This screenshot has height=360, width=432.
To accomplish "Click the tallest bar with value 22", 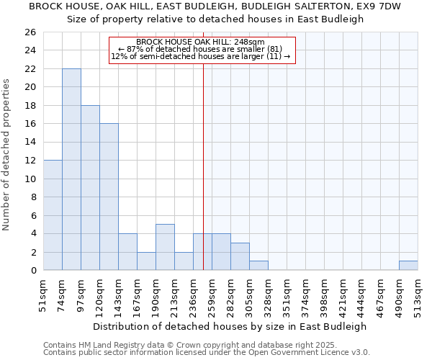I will (x=71, y=169).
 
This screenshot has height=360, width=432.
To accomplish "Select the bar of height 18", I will (x=90, y=187).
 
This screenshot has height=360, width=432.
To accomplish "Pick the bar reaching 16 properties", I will (x=109, y=197).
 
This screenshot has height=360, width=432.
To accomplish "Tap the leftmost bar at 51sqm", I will (x=53, y=215).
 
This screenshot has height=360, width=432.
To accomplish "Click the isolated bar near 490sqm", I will (x=408, y=266).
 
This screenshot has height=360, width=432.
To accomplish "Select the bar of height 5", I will (x=165, y=247).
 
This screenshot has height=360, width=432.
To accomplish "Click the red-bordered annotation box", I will (x=202, y=50).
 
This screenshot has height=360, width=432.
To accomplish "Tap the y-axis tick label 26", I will (x=30, y=32).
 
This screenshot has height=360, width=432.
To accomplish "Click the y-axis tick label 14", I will (x=30, y=142).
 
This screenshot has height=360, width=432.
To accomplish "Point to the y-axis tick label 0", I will (x=32, y=270).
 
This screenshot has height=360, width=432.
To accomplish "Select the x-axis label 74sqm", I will (x=62, y=295).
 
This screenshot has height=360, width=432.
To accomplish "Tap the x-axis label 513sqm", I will (x=418, y=295).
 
